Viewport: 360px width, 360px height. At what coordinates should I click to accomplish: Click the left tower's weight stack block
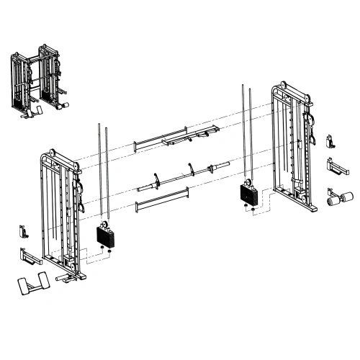click(x=105, y=235)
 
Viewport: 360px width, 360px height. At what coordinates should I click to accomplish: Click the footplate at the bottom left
click(x=32, y=283)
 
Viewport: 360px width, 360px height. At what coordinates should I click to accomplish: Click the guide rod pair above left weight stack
click(x=102, y=173)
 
